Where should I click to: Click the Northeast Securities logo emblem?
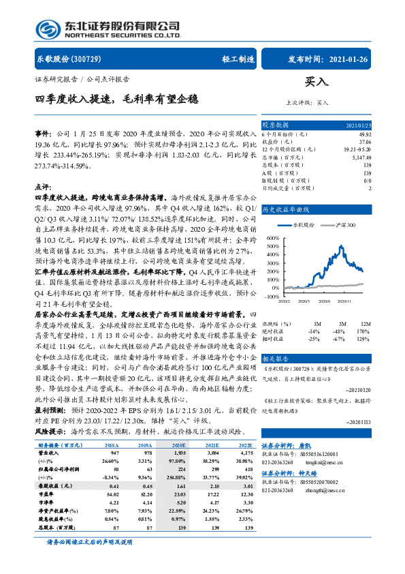pyautogui.click(x=45, y=27)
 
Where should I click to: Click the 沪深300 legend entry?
pyautogui.click(x=343, y=224)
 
